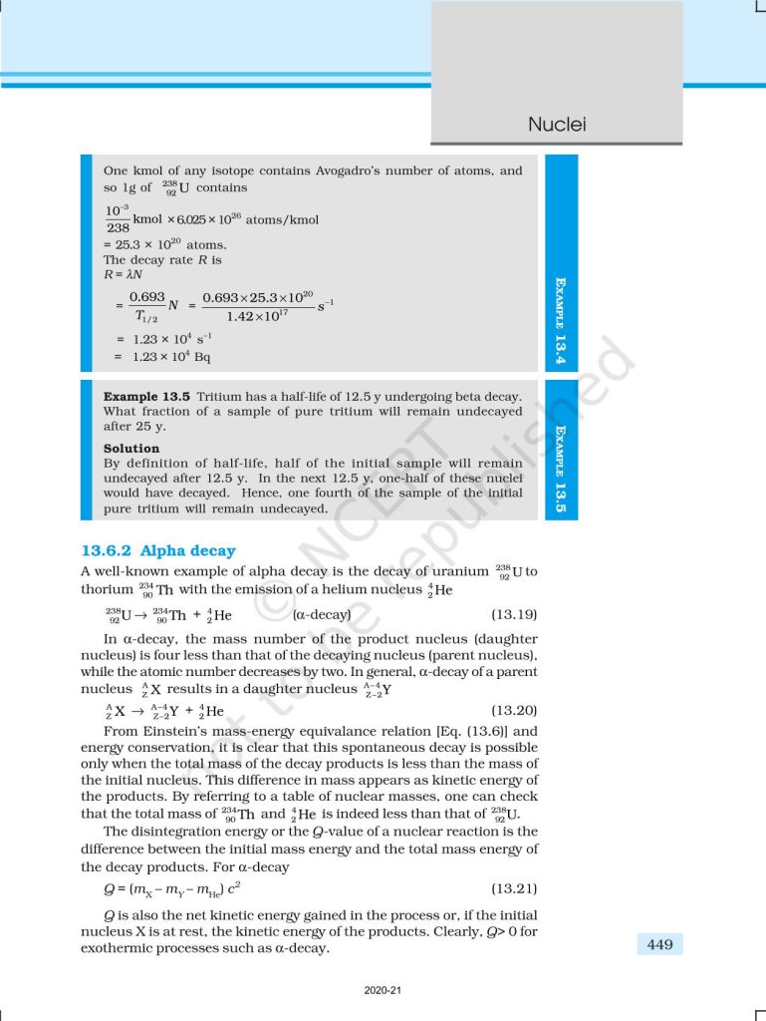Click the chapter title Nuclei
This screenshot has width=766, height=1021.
pyautogui.click(x=556, y=125)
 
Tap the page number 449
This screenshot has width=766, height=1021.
pyautogui.click(x=659, y=944)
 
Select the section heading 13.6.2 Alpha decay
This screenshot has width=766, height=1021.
pyautogui.click(x=157, y=550)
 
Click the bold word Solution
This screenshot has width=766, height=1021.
pyautogui.click(x=131, y=449)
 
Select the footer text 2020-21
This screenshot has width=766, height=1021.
pyautogui.click(x=383, y=991)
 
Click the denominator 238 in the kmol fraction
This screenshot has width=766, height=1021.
pyautogui.click(x=117, y=227)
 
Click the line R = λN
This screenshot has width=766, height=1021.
pyautogui.click(x=122, y=274)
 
